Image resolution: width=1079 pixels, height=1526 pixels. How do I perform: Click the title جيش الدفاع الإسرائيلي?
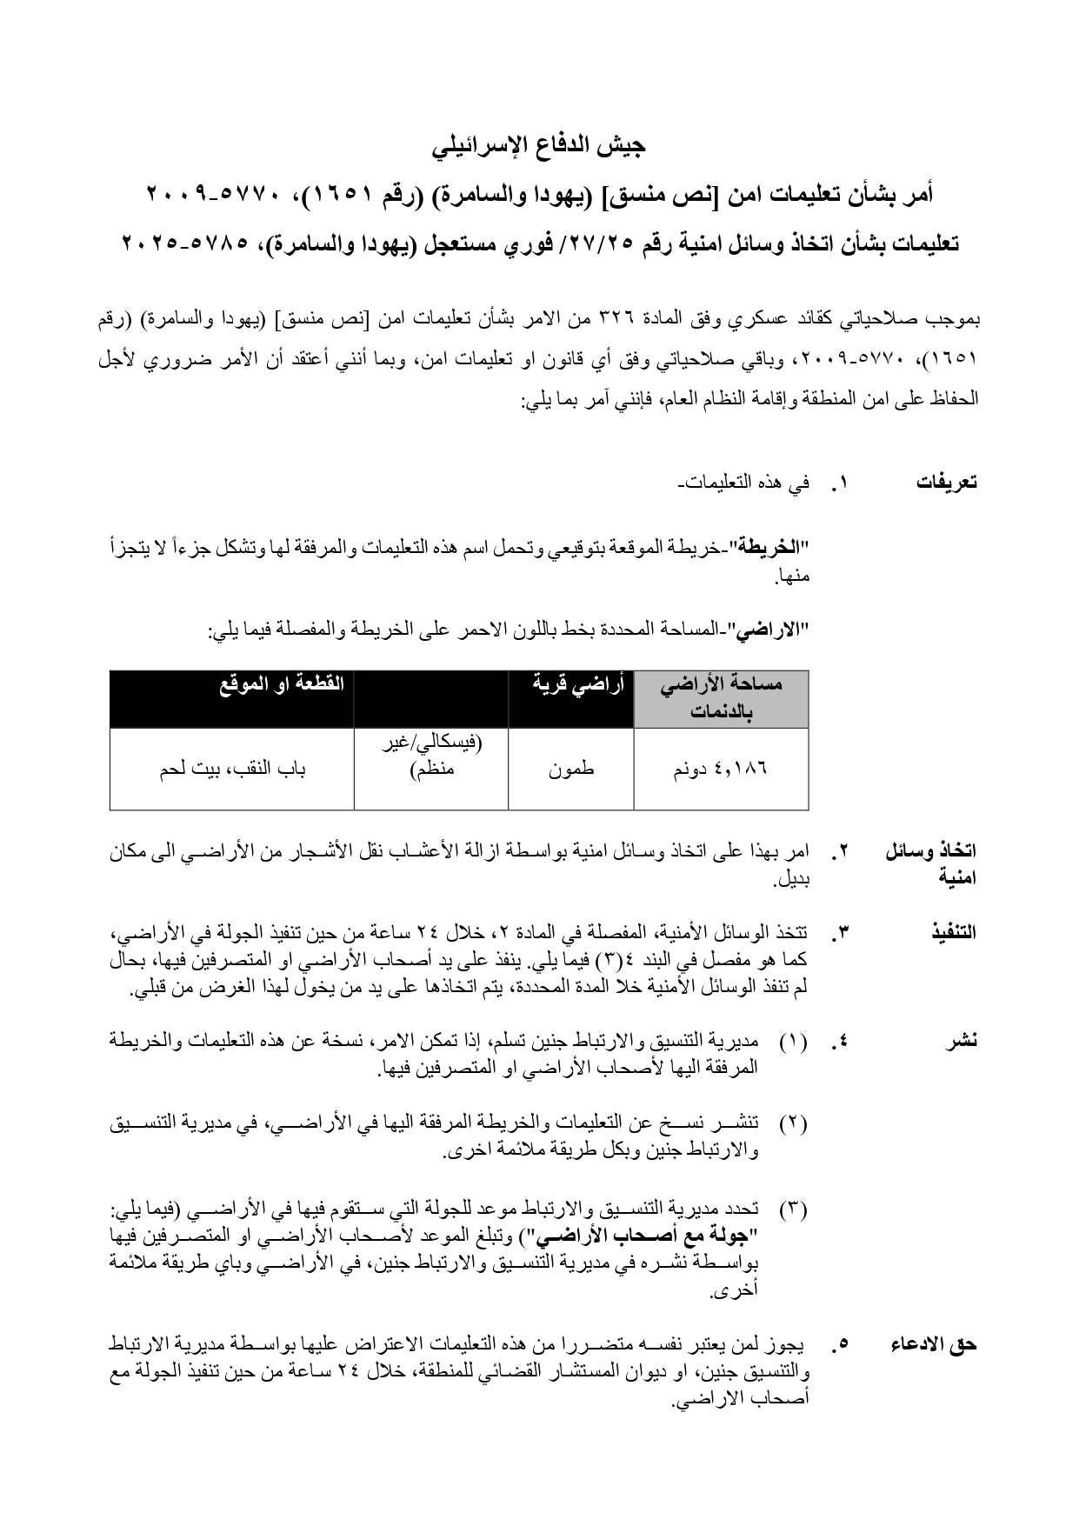click(539, 145)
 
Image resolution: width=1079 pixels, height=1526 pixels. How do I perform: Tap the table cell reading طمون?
click(570, 770)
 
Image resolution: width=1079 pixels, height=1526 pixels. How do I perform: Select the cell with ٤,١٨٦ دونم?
click(721, 770)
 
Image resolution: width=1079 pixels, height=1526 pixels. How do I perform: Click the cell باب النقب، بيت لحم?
click(232, 770)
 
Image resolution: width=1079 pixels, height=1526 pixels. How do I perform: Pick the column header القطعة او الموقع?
click(282, 683)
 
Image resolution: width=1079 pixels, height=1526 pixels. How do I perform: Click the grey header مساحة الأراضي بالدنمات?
click(721, 698)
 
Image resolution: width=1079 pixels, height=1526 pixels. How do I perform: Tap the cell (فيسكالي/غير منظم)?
click(432, 756)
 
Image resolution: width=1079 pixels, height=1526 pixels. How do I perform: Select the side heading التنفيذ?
click(953, 932)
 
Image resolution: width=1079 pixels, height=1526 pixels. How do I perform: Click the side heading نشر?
click(962, 1040)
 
